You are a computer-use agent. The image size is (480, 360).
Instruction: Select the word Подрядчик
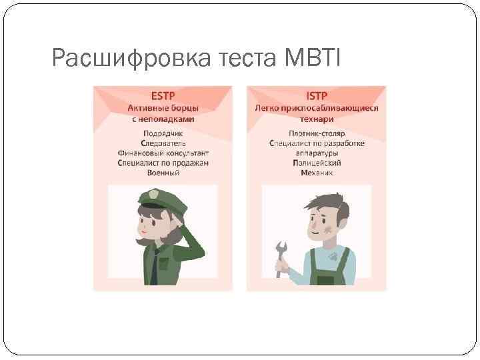coord(163,133)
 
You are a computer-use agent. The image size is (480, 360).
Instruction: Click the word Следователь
coord(163,143)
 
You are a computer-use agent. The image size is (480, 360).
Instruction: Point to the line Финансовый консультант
coord(163,153)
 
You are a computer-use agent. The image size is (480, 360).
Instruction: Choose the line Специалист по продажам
coord(163,163)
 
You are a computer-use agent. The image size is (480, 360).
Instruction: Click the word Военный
coord(163,173)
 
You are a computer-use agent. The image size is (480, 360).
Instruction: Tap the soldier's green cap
coord(157,198)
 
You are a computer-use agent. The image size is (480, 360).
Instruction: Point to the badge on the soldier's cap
coord(153,195)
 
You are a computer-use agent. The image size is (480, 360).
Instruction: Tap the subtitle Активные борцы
coord(163,108)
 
